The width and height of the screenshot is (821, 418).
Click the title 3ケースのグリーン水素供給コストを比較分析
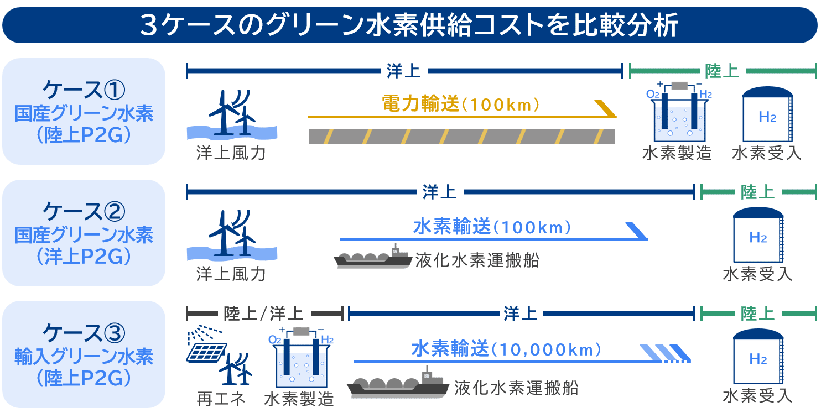(x=409, y=25)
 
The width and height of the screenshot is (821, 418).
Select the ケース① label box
(x=84, y=112)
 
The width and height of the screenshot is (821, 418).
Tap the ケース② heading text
(x=84, y=211)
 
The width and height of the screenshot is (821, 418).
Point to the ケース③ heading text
(x=84, y=332)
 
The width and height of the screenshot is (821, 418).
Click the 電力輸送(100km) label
(x=460, y=104)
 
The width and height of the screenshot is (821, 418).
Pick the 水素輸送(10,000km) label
(x=506, y=349)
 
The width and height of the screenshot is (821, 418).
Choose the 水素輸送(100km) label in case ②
(x=492, y=227)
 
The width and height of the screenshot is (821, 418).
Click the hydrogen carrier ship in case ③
(x=398, y=384)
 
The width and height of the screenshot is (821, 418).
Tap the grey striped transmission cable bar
(x=461, y=137)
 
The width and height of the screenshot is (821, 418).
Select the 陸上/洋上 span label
(x=263, y=314)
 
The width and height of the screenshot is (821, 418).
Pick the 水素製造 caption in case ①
(x=677, y=153)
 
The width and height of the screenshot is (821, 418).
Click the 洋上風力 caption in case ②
(x=231, y=274)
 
